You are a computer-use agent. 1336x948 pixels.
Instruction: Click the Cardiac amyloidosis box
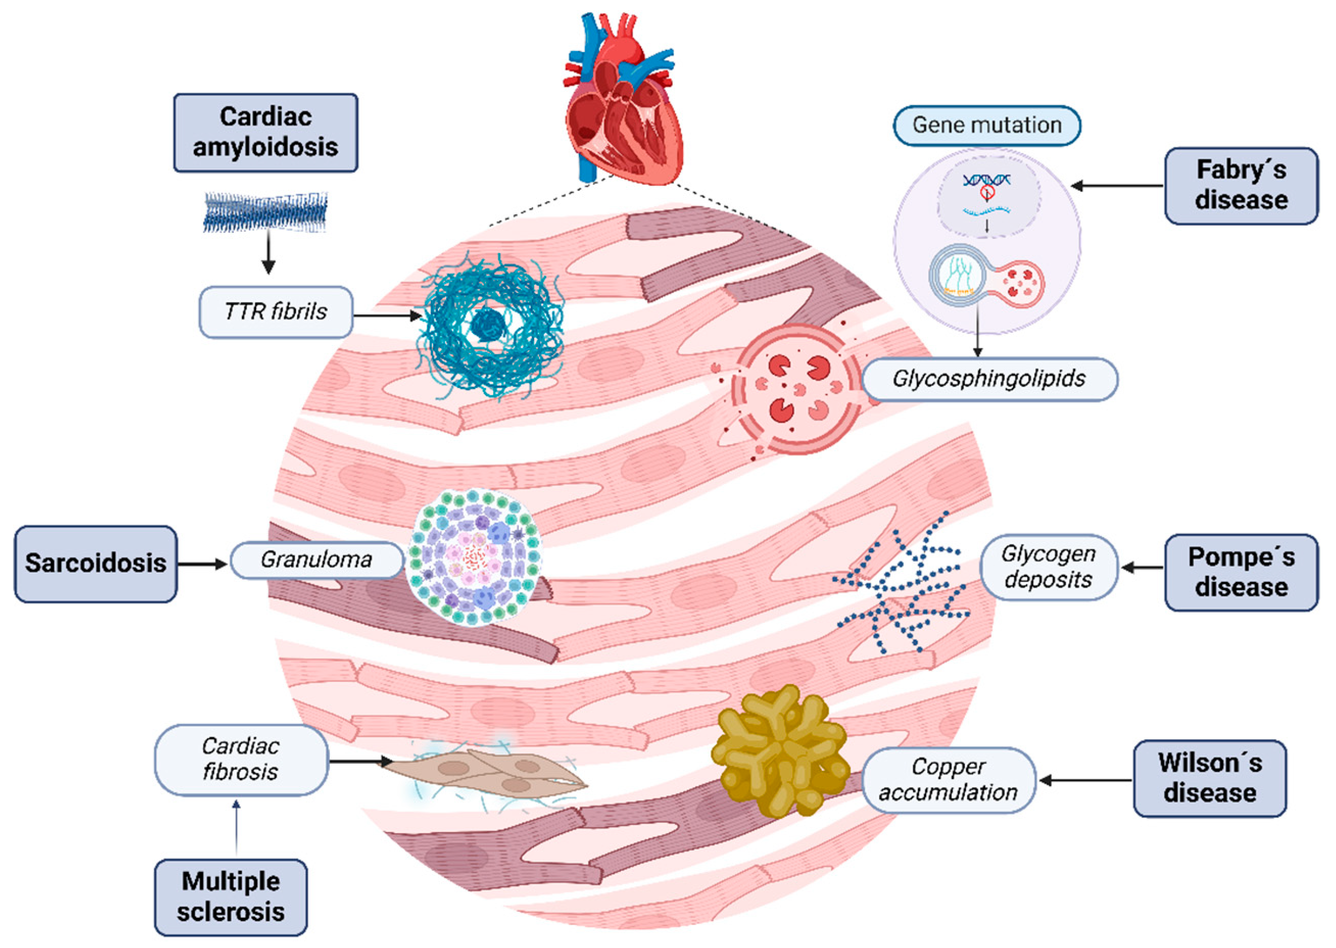pyautogui.click(x=265, y=133)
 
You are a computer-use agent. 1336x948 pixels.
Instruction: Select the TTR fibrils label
pyautogui.click(x=276, y=312)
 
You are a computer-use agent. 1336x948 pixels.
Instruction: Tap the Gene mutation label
pyautogui.click(x=986, y=125)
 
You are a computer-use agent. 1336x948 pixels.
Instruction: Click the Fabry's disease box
pyautogui.click(x=1241, y=186)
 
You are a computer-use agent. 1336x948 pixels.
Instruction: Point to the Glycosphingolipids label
pyautogui.click(x=989, y=379)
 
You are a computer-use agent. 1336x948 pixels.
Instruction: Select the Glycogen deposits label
pyautogui.click(x=1048, y=567)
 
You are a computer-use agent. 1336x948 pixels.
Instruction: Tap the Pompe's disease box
pyautogui.click(x=1241, y=572)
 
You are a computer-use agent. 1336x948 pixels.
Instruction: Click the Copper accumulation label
pyautogui.click(x=948, y=780)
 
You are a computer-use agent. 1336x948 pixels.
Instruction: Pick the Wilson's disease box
pyautogui.click(x=1209, y=778)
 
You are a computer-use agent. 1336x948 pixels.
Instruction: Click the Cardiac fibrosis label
pyautogui.click(x=240, y=760)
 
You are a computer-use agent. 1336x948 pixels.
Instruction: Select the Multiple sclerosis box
pyautogui.click(x=231, y=896)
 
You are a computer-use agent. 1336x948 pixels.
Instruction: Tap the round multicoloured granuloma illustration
pyautogui.click(x=474, y=557)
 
